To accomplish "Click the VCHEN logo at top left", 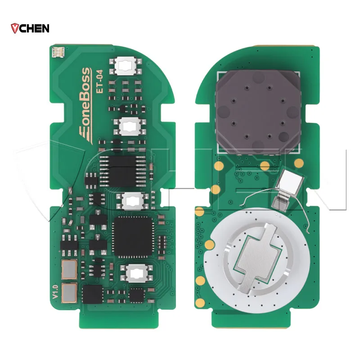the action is click(30, 28).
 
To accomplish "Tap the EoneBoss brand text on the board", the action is click(85, 106).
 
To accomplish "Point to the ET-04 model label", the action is click(99, 81).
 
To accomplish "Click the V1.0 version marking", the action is click(55, 292).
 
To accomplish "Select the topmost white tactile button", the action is click(126, 66).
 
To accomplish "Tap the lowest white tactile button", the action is click(137, 273).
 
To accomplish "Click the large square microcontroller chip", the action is click(133, 236).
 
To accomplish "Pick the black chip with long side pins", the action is click(122, 171).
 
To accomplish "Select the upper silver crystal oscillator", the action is click(69, 270).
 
